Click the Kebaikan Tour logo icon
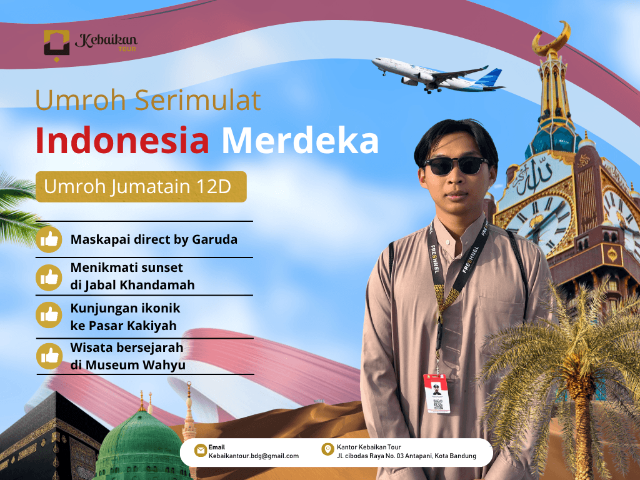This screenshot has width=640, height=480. click(56, 44)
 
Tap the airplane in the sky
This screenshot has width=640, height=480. click(438, 76)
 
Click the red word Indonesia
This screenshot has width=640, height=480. click(122, 141)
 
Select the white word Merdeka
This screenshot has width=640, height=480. click(300, 141)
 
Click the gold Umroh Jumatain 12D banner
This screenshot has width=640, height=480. click(141, 186)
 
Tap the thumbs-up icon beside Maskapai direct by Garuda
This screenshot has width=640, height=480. click(49, 239)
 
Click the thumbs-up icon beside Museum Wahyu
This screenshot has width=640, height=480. click(49, 356)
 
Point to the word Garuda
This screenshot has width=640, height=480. click(214, 239)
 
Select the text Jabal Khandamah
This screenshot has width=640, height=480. click(139, 285)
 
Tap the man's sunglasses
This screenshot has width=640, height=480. click(456, 165)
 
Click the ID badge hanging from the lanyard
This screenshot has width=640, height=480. click(437, 393)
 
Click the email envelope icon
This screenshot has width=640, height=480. click(201, 450)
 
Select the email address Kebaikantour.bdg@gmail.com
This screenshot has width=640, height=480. click(254, 456)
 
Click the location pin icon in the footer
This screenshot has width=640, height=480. click(327, 449)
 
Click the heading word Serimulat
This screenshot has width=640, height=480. click(197, 100)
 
